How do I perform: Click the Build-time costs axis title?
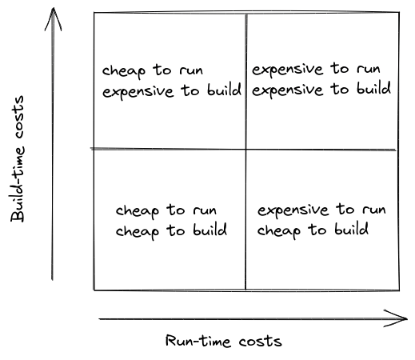[18, 159]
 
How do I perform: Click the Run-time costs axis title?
[223, 341]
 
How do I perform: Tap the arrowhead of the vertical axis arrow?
[54, 18]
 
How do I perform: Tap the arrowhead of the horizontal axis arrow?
[396, 318]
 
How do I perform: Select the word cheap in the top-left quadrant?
[124, 71]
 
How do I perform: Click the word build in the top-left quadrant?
[225, 90]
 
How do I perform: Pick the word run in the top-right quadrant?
[369, 70]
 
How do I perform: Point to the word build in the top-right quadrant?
[374, 88]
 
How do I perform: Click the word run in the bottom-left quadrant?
[205, 210]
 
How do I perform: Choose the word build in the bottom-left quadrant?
[210, 230]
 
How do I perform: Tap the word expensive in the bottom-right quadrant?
[293, 210]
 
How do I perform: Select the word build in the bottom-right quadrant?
[352, 229]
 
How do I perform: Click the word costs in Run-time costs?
[261, 342]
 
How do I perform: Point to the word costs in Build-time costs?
[18, 117]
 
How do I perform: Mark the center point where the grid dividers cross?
[245, 150]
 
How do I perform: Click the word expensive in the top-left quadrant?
[138, 92]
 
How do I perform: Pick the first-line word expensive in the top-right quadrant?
[288, 70]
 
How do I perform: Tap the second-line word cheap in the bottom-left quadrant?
[138, 231]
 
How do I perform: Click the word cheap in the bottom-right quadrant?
[279, 230]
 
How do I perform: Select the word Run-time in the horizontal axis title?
[198, 341]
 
